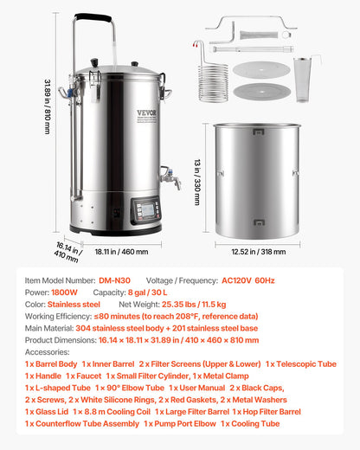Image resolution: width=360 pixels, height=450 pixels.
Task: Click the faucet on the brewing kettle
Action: pos(170,179)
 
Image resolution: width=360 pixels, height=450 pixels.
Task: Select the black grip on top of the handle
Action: pos(93,17)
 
